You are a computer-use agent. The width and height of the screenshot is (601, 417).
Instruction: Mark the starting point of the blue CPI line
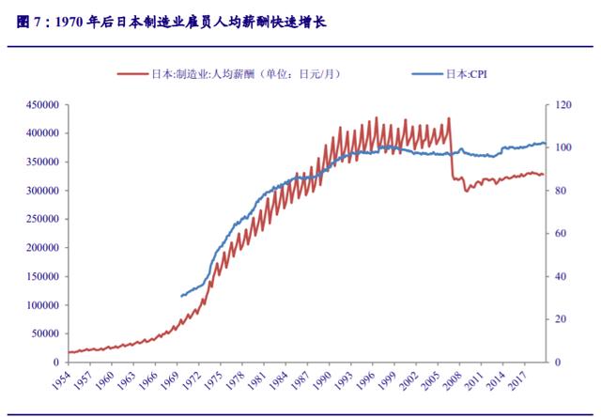click(181, 296)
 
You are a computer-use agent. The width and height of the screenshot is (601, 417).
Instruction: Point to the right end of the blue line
click(546, 144)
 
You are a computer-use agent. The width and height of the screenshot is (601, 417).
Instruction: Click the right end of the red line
click(543, 175)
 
